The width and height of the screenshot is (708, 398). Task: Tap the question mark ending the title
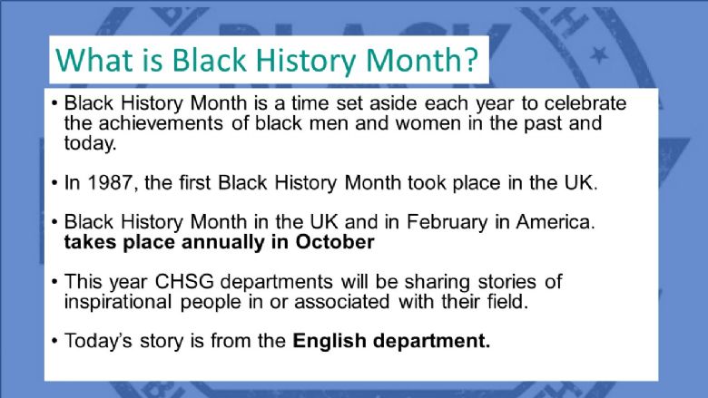pyautogui.click(x=471, y=60)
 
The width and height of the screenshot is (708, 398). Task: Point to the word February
pyautogui.click(x=447, y=223)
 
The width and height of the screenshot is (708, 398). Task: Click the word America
pyautogui.click(x=556, y=222)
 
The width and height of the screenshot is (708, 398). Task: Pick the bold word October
pyautogui.click(x=335, y=242)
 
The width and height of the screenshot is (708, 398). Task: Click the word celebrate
pyautogui.click(x=585, y=103)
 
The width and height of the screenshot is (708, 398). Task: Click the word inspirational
pyautogui.click(x=117, y=302)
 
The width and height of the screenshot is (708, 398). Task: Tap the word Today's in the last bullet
pyautogui.click(x=98, y=341)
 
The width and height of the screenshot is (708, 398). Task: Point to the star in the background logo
pyautogui.click(x=599, y=55)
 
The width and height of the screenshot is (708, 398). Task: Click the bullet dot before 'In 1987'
pyautogui.click(x=54, y=183)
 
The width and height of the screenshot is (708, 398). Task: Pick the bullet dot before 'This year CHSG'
pyautogui.click(x=54, y=282)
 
